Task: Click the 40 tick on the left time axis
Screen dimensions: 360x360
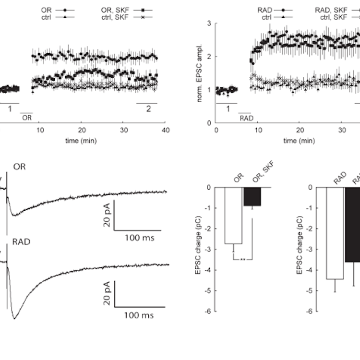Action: click(165, 130)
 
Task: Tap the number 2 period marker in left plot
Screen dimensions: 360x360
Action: click(148, 109)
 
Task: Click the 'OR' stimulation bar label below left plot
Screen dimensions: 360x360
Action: click(26, 117)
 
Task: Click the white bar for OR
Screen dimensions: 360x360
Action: click(233, 216)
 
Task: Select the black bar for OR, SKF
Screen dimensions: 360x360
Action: click(252, 196)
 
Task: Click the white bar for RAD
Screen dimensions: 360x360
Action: click(335, 233)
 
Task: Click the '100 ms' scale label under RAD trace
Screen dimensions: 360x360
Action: click(139, 315)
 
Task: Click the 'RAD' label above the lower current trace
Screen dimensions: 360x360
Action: click(21, 241)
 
